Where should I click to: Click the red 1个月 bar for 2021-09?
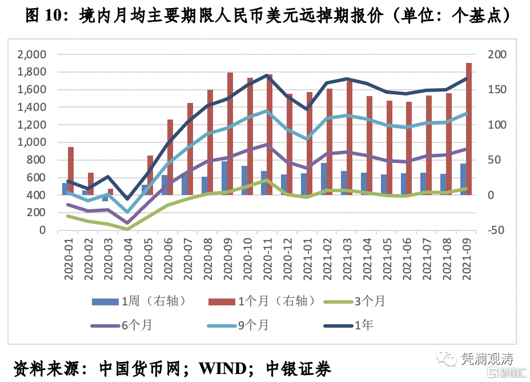(468, 129)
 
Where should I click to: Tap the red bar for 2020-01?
(71, 171)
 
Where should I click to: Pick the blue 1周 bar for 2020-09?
(224, 178)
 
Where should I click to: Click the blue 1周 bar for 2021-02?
(324, 179)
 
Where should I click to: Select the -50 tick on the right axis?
(494, 230)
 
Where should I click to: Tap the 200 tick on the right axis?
(496, 55)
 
